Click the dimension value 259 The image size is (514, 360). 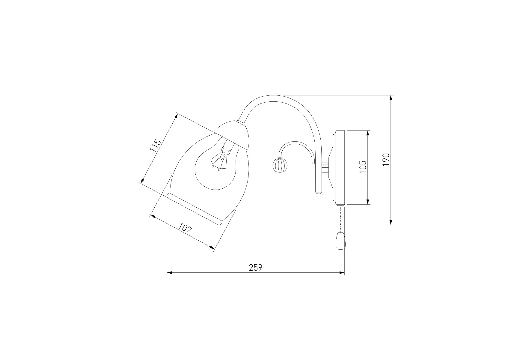tap(256, 267)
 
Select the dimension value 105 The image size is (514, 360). tap(363, 167)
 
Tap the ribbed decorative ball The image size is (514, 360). tap(278, 165)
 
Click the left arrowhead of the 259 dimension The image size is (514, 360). tap(170, 273)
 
